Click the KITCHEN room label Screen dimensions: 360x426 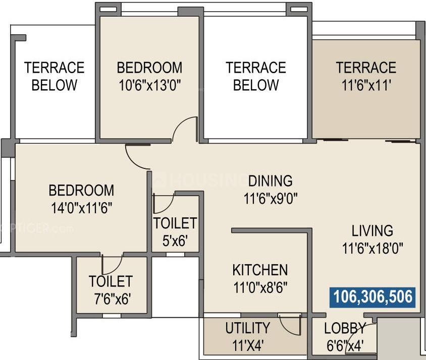point(260,270)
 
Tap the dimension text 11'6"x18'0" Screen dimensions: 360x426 point(373,249)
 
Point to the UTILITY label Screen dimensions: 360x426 point(247,328)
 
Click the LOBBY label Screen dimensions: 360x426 point(345,329)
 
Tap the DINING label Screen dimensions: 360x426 point(270,181)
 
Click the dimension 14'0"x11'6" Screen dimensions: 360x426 point(81,208)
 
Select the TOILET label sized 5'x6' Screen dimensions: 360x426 point(175,223)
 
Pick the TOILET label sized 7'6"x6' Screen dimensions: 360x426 point(111,281)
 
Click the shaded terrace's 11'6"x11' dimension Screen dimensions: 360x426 point(366,85)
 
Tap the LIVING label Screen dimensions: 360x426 point(372,231)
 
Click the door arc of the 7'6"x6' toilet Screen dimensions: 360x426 point(112,265)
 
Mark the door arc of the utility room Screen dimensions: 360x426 point(290,325)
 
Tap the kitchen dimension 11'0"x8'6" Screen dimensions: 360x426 point(260,288)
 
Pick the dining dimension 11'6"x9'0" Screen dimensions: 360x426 point(270,199)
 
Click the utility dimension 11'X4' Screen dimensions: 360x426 point(247,346)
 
